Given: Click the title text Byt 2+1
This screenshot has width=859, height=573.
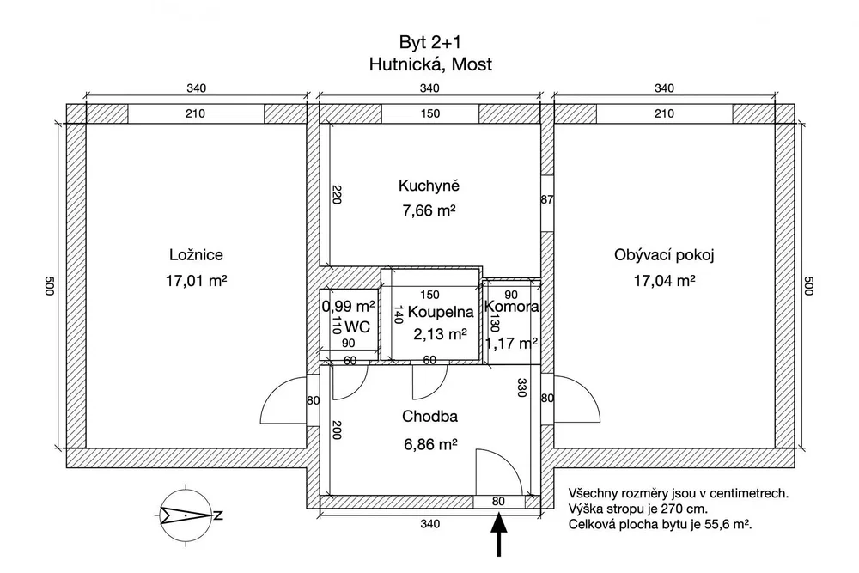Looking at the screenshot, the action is (429, 42).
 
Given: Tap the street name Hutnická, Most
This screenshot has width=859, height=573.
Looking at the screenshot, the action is (430, 64).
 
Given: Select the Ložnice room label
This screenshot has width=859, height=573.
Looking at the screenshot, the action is (196, 255).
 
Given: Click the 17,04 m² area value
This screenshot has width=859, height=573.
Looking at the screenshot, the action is (665, 281).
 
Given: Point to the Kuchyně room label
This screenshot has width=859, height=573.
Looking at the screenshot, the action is (429, 186).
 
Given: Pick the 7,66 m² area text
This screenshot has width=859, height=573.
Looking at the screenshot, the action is (429, 210).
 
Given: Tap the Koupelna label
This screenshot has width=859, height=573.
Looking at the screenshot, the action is (441, 312).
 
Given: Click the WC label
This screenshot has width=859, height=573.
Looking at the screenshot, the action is (357, 327).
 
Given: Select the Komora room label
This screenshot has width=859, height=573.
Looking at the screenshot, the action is (512, 307).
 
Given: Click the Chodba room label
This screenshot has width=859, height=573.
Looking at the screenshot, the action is (430, 417).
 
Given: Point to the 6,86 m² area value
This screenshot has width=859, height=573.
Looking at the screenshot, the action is (430, 444).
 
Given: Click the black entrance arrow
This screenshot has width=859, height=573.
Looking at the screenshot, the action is (498, 534).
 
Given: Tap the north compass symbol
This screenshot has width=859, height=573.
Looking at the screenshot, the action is (186, 515).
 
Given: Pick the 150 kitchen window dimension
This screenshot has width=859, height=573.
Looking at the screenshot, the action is (430, 113).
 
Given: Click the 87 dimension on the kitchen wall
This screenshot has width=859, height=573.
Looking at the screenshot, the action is (546, 199).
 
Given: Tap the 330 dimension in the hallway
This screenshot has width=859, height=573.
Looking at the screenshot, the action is (521, 387).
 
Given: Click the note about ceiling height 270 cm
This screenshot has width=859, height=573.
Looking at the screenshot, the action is (637, 509).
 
